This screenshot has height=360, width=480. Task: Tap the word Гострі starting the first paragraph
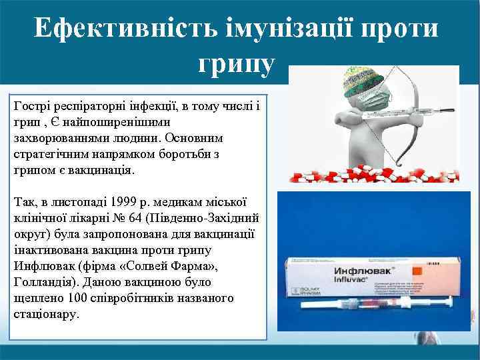(29, 105)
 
